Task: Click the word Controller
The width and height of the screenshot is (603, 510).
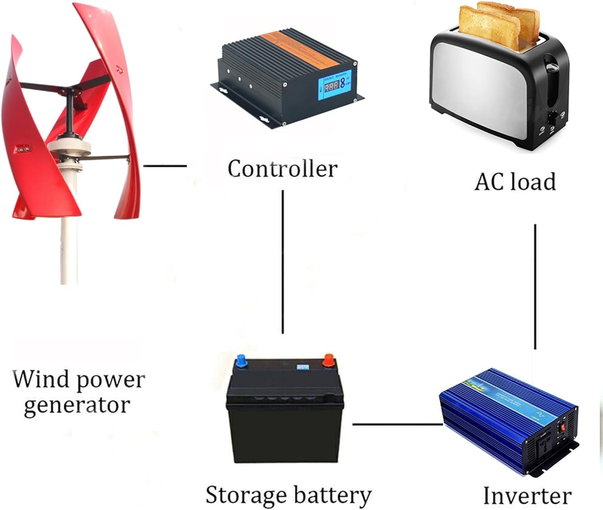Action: click(282, 169)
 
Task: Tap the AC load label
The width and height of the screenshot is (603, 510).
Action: click(515, 182)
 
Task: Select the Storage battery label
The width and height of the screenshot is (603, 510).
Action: click(288, 495)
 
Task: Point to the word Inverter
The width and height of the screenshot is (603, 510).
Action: click(527, 496)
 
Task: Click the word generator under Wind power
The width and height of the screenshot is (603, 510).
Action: click(76, 405)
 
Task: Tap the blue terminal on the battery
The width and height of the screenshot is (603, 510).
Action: click(241, 359)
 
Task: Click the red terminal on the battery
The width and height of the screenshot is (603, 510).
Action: click(329, 358)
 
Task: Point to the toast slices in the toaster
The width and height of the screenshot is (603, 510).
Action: click(498, 22)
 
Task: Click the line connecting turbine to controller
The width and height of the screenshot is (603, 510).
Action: click(165, 165)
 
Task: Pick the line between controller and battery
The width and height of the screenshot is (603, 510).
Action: click(283, 261)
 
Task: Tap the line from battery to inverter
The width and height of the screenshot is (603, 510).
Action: click(397, 424)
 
